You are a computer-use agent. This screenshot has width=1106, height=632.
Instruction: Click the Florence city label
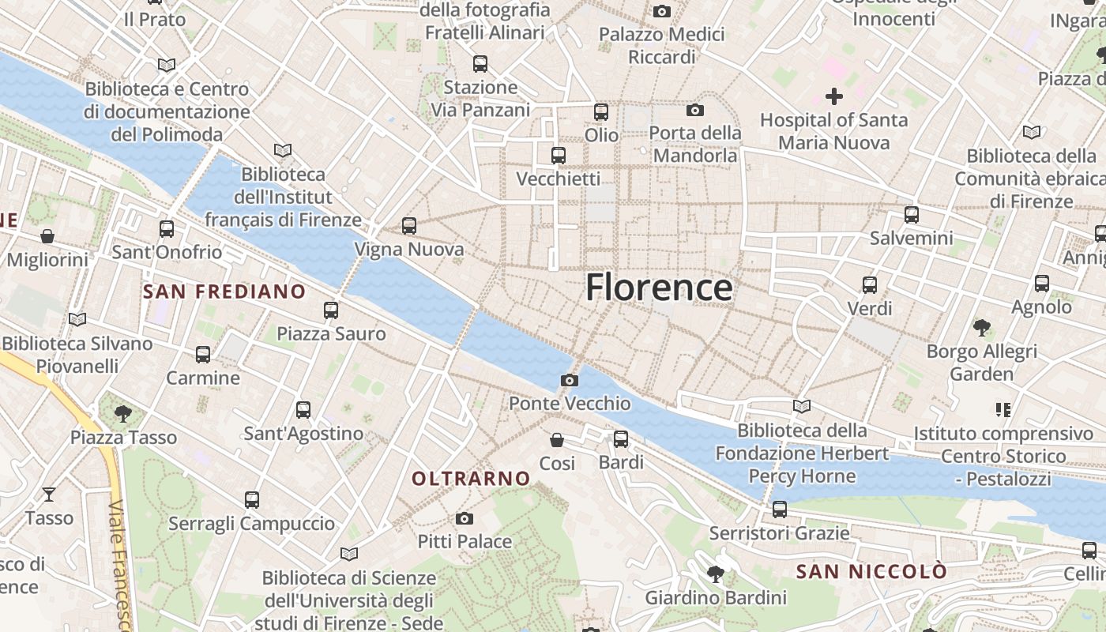pos(658,288)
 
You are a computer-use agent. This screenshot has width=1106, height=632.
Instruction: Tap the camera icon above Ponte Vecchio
pos(569,381)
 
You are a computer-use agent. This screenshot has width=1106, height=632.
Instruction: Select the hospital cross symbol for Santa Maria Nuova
pos(833,96)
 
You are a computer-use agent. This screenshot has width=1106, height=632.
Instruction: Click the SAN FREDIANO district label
pos(224,292)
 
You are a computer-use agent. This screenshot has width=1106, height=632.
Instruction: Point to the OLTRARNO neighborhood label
pos(471,478)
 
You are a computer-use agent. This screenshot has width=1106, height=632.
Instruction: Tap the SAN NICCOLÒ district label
pos(871,571)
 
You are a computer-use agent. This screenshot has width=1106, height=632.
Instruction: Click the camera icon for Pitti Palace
pos(465,518)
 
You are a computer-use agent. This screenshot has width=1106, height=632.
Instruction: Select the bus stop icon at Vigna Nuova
pos(408,226)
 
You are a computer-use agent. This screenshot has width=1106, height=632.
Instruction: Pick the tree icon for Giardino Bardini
pos(716,574)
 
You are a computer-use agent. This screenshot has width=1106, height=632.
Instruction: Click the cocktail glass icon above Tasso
pos(49,495)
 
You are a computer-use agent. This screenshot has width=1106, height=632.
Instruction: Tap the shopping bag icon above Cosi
pos(557,439)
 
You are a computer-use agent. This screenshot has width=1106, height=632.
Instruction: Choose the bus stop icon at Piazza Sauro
pos(331,310)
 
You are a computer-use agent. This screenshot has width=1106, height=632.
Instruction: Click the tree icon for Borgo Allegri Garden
pos(981,327)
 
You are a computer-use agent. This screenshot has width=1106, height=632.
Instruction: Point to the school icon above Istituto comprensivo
pos(1003,409)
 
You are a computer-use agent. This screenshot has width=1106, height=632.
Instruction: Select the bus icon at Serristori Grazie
pos(780,510)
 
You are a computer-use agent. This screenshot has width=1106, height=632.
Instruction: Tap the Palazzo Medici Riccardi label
pos(661,46)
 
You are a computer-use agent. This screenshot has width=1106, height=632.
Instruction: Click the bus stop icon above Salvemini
pos(911,214)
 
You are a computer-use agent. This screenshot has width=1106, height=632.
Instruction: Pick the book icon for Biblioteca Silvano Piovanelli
pos(77,320)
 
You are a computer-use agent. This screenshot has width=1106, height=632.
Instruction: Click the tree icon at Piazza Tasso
pos(122,413)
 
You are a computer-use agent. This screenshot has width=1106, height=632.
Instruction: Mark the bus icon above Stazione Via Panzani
pos(480,64)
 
